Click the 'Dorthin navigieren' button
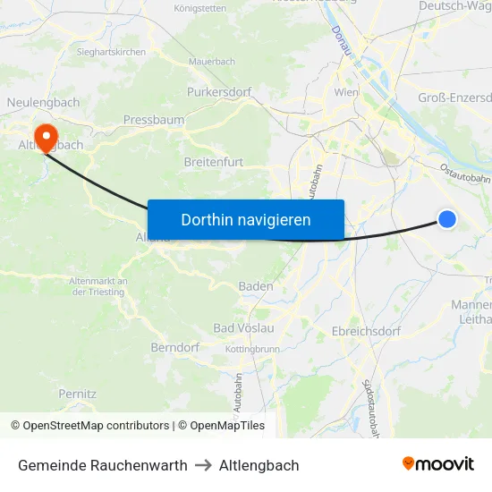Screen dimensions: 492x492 [x=246, y=219]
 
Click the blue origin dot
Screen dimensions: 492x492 [x=447, y=219]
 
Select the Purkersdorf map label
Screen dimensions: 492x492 [x=218, y=91]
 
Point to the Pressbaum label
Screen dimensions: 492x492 [x=154, y=119]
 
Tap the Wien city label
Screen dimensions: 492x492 [x=345, y=92]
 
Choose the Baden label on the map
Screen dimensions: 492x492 [x=256, y=286]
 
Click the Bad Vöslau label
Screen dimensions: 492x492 [x=243, y=328]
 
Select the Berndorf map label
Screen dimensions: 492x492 [x=174, y=346]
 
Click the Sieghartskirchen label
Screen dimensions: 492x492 [x=111, y=53]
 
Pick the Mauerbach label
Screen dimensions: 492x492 [x=211, y=62]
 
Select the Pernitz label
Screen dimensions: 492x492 [x=77, y=394]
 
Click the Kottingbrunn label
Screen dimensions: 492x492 [x=253, y=348]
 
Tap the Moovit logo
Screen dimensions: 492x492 [x=438, y=464]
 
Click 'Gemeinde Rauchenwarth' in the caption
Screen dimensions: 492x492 [x=103, y=465]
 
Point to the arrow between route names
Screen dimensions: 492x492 [x=203, y=465]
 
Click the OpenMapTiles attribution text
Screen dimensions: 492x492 [x=221, y=426]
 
